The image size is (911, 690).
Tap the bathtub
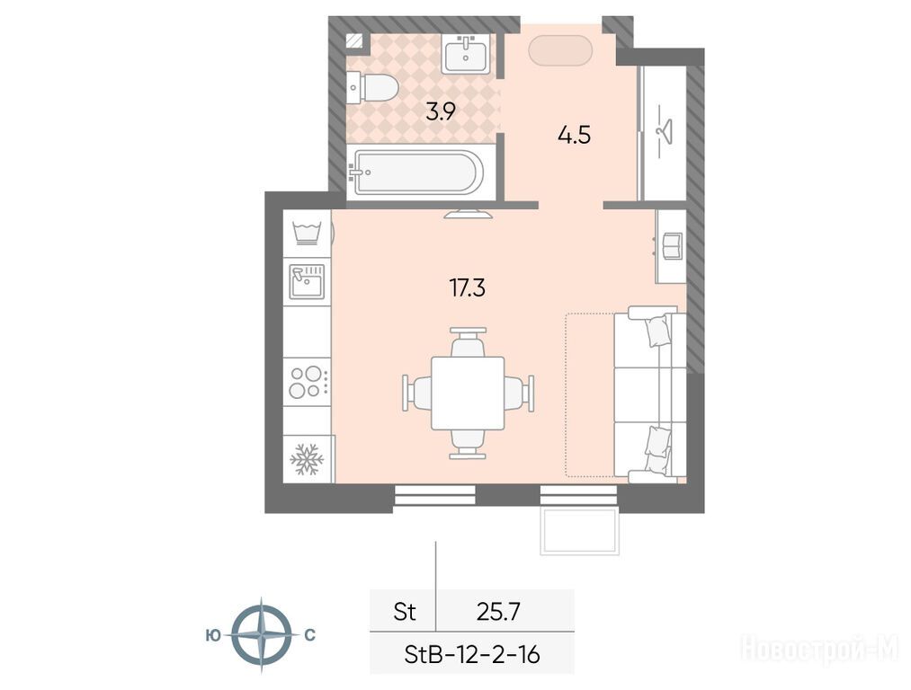point(418,172)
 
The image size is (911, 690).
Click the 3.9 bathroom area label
point(441,111)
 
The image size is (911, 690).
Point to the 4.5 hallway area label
point(574,135)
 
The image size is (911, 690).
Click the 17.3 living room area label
point(468,287)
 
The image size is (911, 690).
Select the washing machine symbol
point(307,234)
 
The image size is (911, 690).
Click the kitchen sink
point(307,282)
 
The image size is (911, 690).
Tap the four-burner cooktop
point(308,382)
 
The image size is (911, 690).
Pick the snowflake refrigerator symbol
point(307,460)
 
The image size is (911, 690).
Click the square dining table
point(468,393)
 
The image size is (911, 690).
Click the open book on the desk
point(672,245)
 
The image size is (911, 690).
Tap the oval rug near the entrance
point(560,50)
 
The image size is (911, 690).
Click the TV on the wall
point(469,214)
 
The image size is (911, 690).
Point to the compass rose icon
point(262,634)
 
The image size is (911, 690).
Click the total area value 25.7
point(498,612)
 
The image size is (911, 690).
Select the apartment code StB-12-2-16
point(472,655)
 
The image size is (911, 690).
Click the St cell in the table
point(405,612)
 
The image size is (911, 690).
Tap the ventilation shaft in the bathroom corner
point(353,40)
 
